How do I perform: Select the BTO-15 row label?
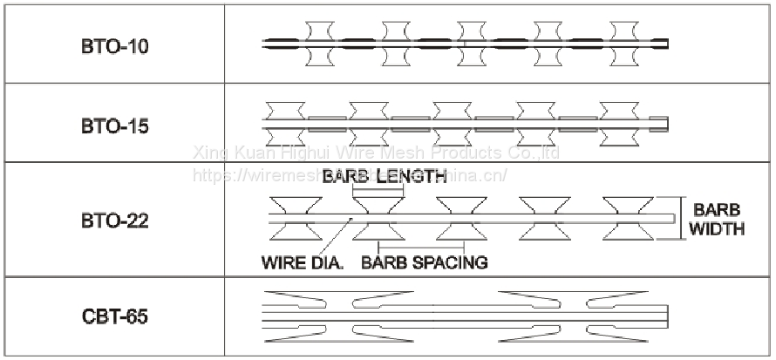[115, 126]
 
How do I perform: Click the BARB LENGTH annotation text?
[385, 177]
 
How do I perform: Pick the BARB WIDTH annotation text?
[717, 220]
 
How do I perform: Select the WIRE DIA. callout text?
[302, 262]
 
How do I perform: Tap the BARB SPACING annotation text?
[424, 262]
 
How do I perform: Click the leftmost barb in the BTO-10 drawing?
[319, 43]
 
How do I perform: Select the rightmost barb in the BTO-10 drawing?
[625, 43]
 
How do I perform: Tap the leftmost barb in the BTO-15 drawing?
[284, 123]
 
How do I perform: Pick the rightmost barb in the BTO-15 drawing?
[618, 123]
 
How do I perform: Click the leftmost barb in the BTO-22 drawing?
[293, 217]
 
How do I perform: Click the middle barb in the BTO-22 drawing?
[459, 217]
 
